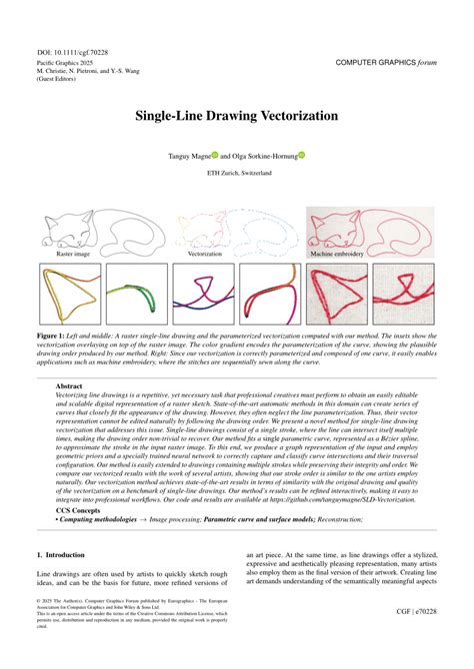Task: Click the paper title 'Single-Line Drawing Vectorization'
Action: (x=237, y=116)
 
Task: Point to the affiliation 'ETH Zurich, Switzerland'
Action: (x=237, y=173)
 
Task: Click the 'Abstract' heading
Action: (x=69, y=385)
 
